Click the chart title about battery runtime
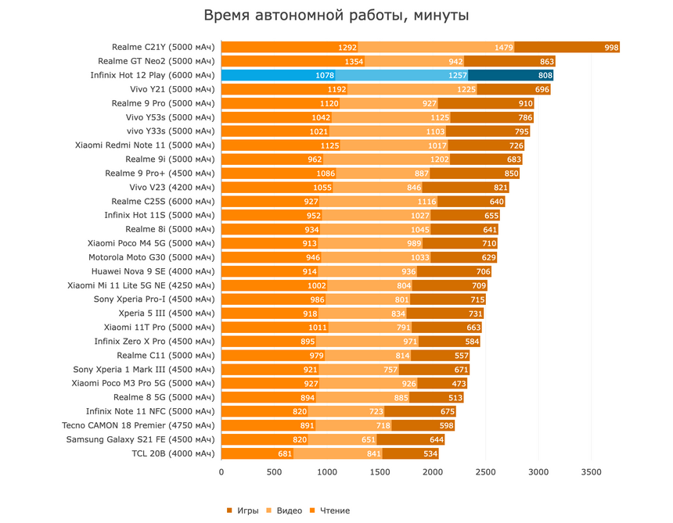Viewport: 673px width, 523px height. point(336,16)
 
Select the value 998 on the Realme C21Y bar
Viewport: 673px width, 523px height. point(611,47)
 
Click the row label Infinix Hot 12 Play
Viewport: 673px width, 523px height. point(153,75)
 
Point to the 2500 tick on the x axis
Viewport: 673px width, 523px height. point(485,472)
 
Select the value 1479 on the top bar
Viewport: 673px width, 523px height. point(504,47)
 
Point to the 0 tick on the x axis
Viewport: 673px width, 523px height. point(221,472)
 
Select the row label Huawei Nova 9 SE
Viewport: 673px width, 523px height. point(153,270)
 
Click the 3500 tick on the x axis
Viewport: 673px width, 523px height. point(591,472)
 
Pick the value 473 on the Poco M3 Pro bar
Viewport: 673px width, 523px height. point(459,383)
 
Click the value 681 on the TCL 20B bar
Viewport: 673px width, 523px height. point(285,453)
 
